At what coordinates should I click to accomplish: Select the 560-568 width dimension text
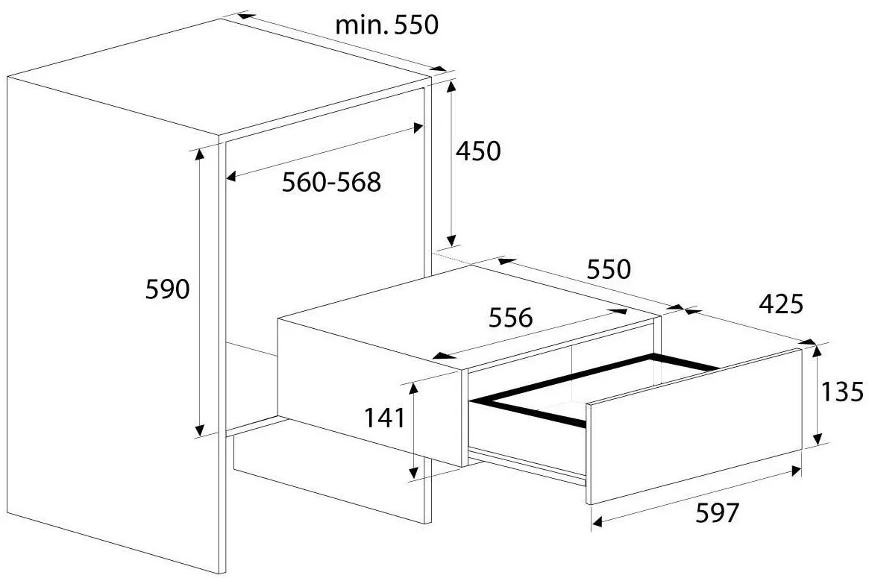(331, 181)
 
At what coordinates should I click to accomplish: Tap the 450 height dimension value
(477, 151)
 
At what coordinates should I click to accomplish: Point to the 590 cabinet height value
(169, 289)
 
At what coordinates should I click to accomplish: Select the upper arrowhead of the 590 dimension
(199, 154)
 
